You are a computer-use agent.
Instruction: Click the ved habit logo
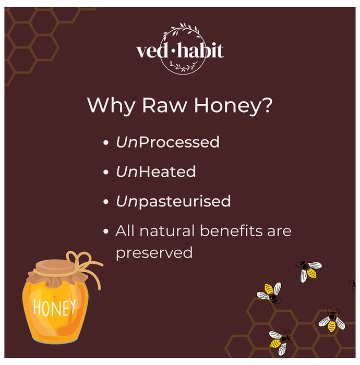[x=181, y=49]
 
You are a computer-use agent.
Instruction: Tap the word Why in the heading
[x=111, y=106]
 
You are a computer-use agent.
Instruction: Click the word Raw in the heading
[x=165, y=105]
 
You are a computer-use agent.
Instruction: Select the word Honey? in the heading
[x=233, y=106]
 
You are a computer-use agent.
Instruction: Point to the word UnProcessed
[x=167, y=142]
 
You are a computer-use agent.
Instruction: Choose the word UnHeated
[x=156, y=172]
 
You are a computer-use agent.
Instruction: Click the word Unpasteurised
[x=173, y=201]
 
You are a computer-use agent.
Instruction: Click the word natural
[x=167, y=230]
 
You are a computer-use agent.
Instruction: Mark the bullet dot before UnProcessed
[x=106, y=142]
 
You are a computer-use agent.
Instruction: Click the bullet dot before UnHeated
[x=106, y=172]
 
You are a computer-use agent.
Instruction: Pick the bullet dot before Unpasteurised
[x=106, y=202]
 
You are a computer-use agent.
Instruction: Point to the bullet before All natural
[x=106, y=231]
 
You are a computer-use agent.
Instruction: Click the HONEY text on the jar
[x=54, y=307]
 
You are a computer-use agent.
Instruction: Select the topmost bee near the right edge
[x=308, y=270]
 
